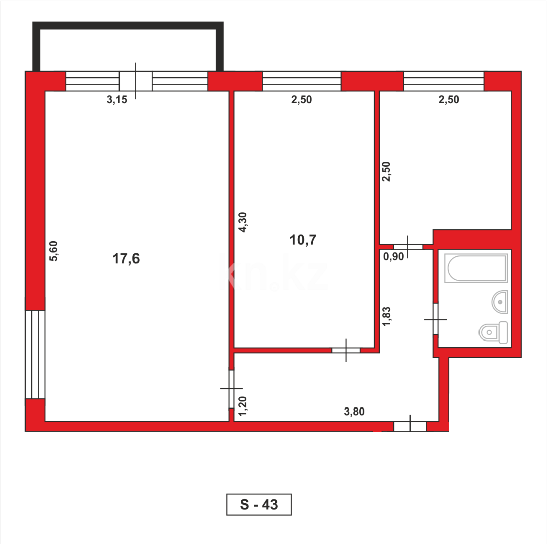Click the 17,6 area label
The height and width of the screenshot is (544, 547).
click(126, 259)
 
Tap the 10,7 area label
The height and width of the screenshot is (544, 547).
click(303, 240)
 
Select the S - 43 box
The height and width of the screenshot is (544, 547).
click(259, 504)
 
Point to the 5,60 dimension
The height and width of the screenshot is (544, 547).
click(54, 251)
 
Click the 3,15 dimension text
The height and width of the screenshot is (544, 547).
click(117, 100)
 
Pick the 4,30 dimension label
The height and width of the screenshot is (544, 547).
click(243, 222)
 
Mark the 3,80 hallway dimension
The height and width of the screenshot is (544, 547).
click(354, 411)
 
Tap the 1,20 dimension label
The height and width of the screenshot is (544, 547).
click(243, 405)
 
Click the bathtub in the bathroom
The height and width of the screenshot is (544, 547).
click(476, 268)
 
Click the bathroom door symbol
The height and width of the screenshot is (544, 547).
click(435, 319)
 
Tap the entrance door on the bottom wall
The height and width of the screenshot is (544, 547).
click(410, 426)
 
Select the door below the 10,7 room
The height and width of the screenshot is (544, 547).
click(346, 350)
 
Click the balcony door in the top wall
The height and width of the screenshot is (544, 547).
click(135, 81)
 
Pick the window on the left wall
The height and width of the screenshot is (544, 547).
click(35, 354)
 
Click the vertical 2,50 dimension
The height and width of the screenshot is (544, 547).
click(387, 173)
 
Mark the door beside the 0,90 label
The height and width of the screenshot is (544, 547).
click(408, 247)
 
